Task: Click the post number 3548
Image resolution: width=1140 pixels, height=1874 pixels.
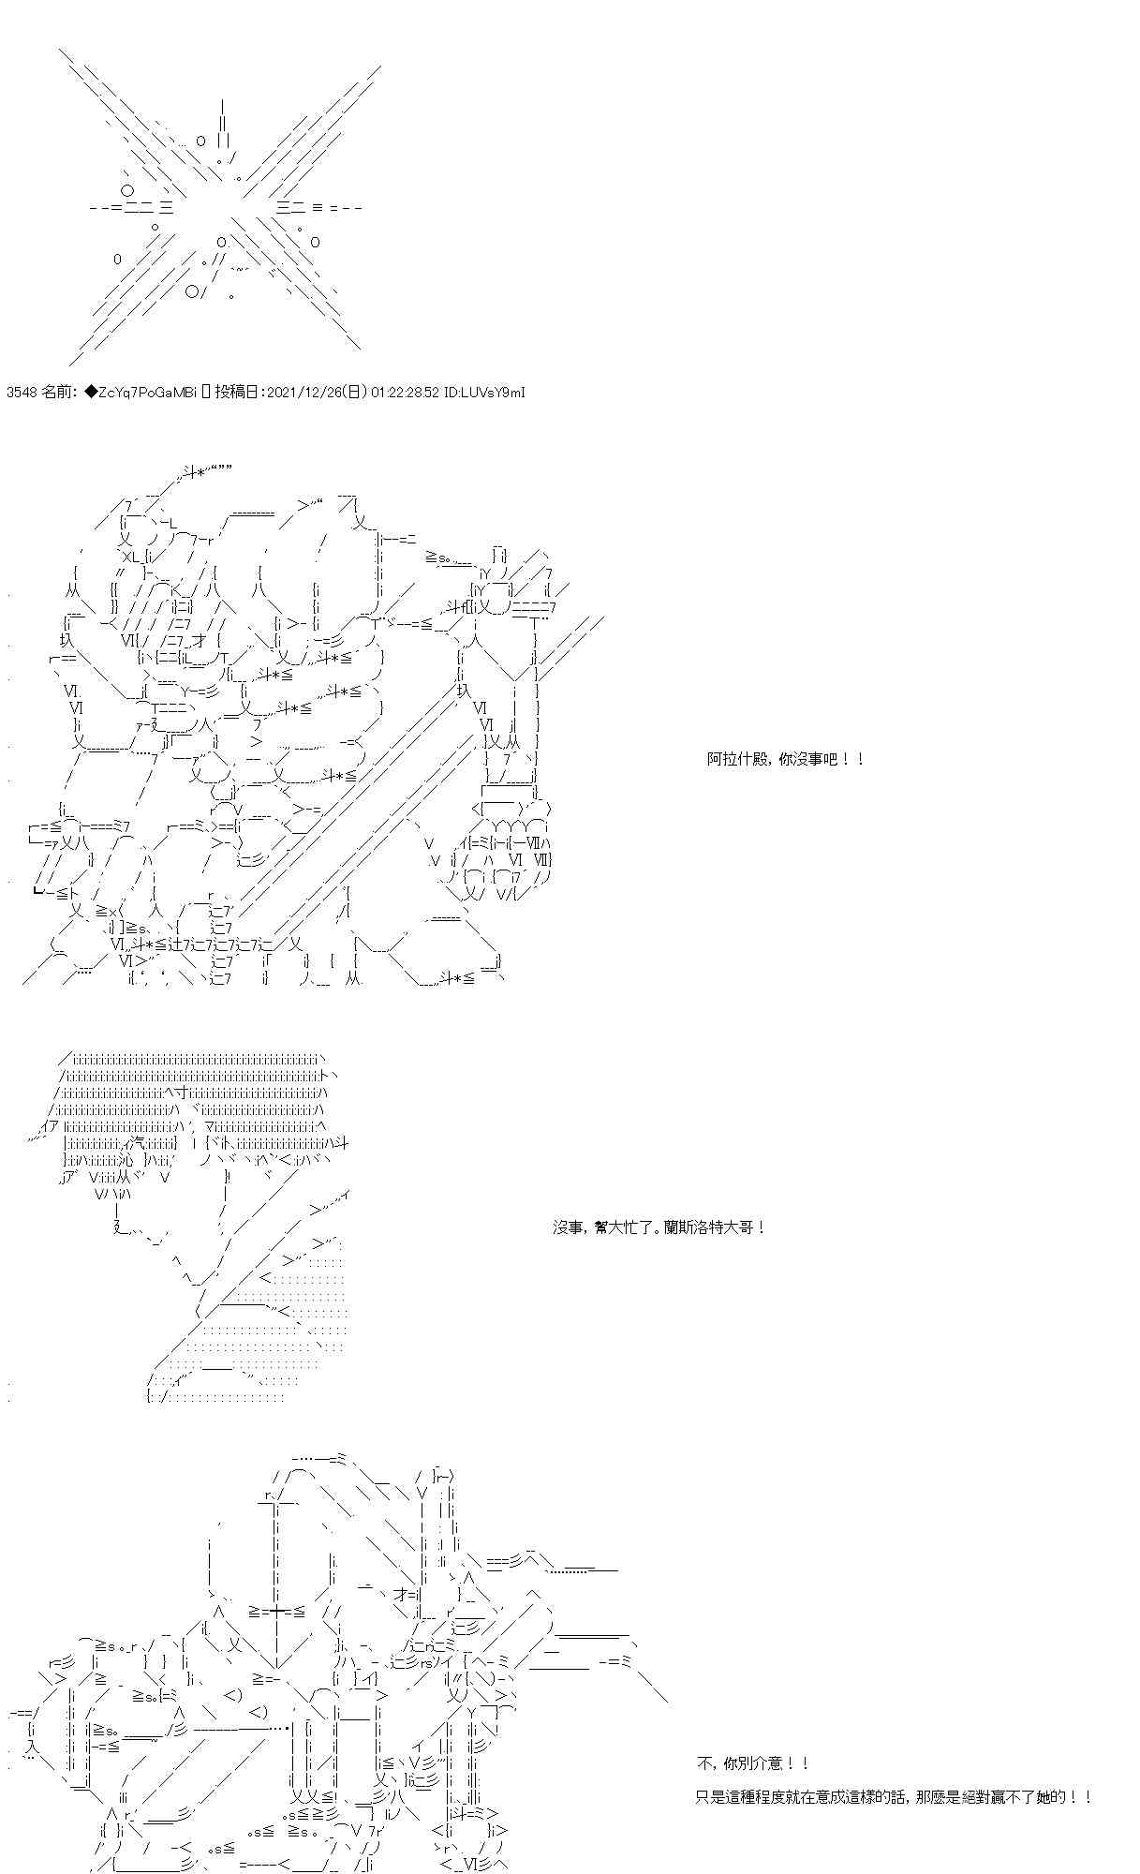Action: pos(21,393)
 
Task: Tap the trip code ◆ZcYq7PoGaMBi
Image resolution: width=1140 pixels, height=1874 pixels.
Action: pos(141,393)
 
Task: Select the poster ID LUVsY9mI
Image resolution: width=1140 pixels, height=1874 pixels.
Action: pos(496,393)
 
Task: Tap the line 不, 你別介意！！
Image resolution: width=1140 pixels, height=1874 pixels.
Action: pos(753,1763)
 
